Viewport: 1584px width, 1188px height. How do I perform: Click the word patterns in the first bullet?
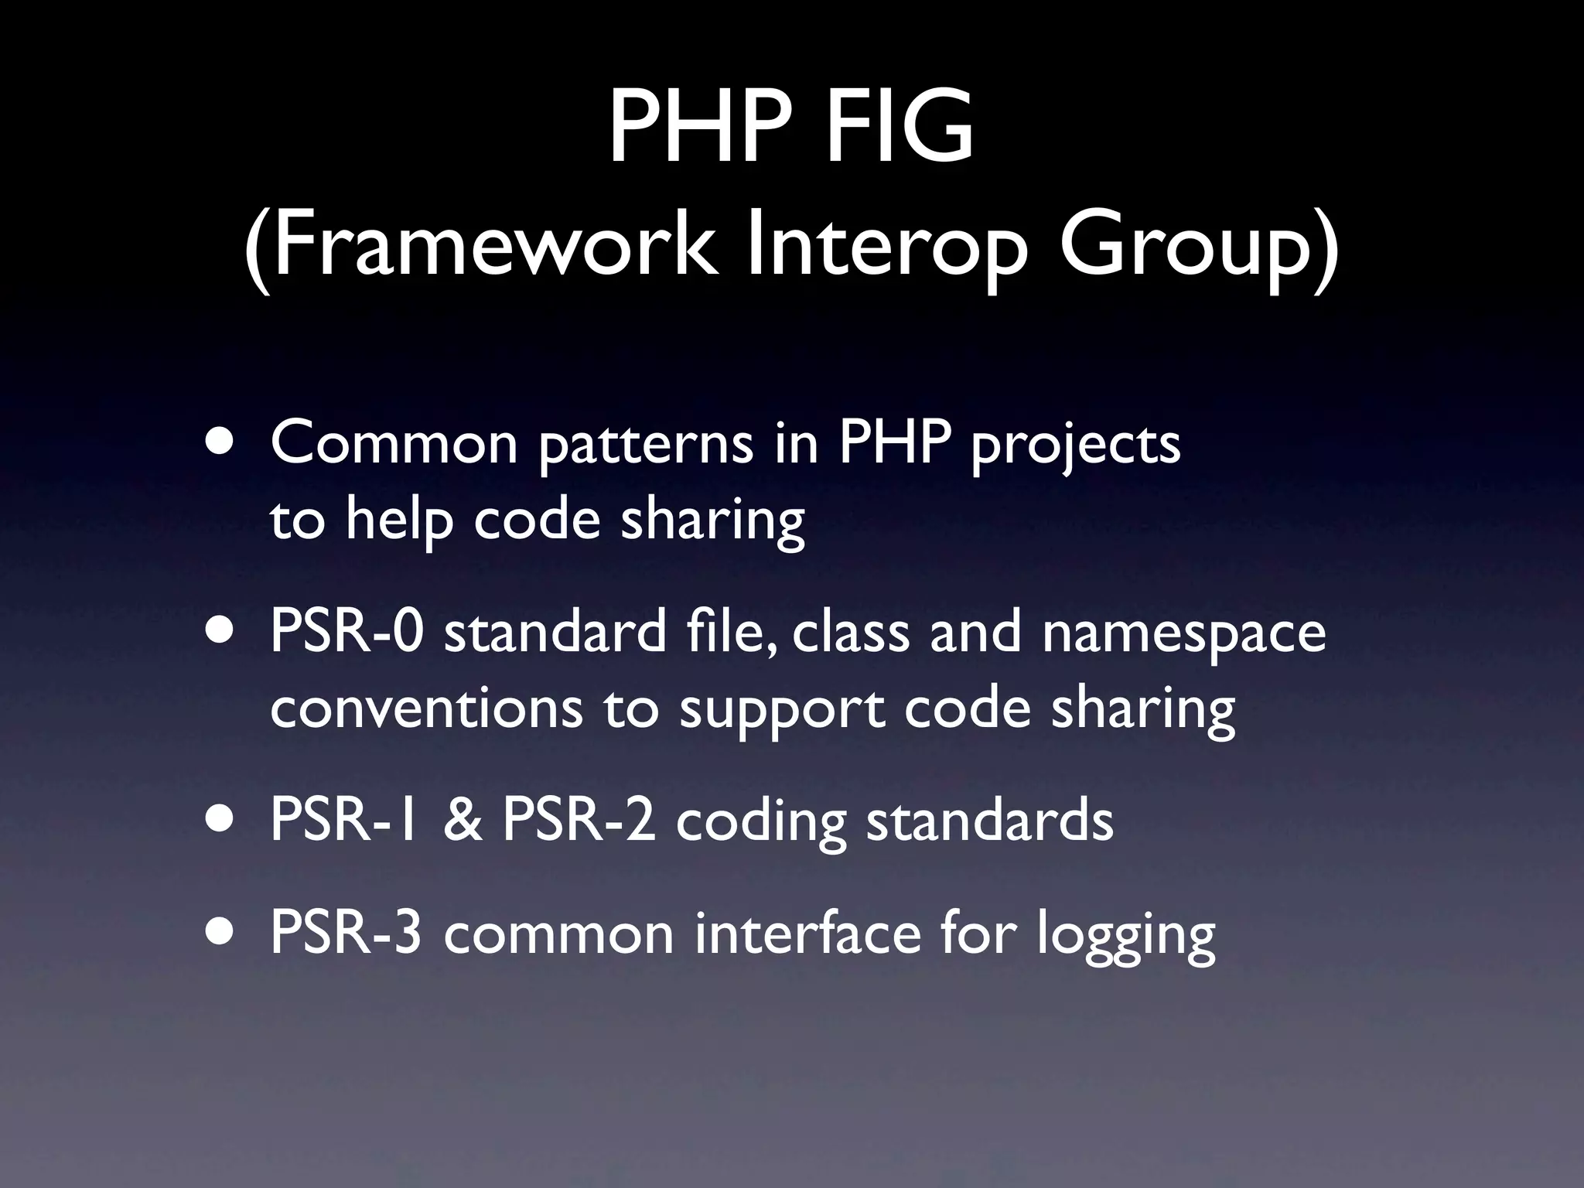point(646,444)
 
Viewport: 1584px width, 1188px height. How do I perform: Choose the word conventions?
point(426,708)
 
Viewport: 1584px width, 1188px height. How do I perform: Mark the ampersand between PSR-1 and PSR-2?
point(463,821)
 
